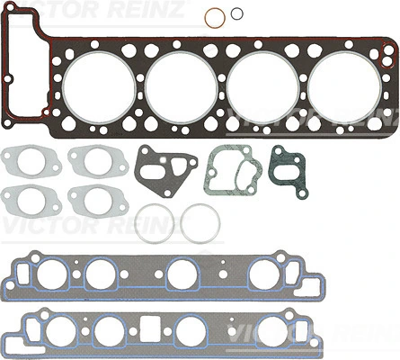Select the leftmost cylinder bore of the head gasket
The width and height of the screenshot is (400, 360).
point(100,87)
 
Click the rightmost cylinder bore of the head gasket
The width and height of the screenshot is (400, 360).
point(345,87)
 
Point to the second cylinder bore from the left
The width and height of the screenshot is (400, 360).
point(182,87)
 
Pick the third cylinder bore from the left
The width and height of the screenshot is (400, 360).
point(263,87)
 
